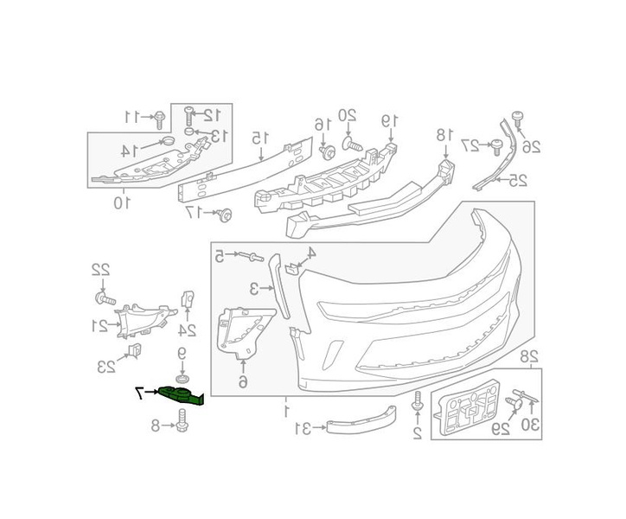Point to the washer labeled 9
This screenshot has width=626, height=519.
coord(182,378)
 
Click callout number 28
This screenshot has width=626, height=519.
coord(529,356)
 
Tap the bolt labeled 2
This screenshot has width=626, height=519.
coord(418,401)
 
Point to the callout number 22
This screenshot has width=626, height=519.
coord(101,270)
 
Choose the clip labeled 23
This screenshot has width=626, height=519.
coord(134,349)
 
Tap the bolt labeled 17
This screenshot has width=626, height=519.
coord(225,214)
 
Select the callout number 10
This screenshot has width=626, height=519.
coord(122,202)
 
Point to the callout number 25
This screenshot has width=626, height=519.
coord(516,180)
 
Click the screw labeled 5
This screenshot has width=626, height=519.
coord(256,257)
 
